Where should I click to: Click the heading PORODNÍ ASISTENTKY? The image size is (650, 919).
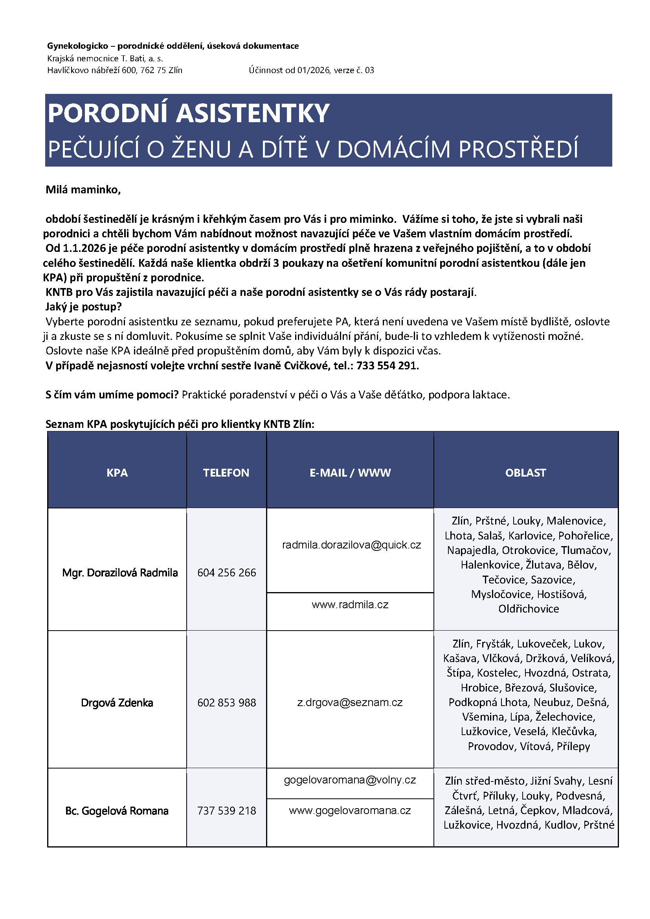188,113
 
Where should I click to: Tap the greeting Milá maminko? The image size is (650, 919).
83,190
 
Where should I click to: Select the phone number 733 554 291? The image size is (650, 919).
387,365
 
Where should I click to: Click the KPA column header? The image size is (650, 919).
117,473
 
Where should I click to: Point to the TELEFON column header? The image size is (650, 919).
226,473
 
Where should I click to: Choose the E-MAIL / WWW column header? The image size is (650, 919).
350,473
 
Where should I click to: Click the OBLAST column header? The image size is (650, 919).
525,473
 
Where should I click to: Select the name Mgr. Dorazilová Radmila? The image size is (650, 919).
120,573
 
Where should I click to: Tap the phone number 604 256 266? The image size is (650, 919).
226,573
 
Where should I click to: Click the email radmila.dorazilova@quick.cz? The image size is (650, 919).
351,545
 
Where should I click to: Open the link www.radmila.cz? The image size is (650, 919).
350,604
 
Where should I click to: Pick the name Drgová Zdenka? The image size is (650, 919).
117,703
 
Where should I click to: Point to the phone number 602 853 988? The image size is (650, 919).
226,703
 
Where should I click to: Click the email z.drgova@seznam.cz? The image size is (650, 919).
350,703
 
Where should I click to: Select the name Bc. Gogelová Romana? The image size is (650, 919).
117,811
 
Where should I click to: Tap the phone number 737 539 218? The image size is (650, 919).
226,811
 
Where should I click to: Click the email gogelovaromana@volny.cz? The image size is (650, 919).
350,780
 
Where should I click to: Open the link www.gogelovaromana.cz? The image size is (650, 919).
350,810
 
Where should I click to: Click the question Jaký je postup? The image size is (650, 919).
84,306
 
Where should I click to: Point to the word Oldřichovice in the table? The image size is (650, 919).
528,609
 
